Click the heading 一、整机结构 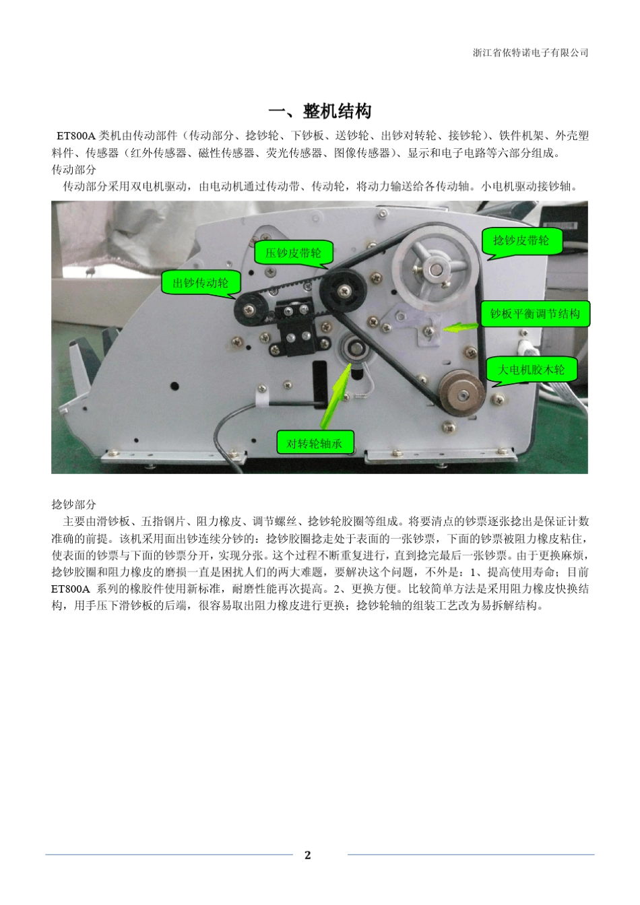(x=320, y=111)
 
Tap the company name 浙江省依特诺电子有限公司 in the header (x=530, y=53)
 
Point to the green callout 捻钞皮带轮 (x=521, y=240)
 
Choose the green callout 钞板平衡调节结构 (x=535, y=314)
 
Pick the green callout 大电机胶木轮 (x=532, y=370)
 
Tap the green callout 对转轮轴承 (x=315, y=443)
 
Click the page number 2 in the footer (x=308, y=855)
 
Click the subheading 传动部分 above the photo (x=74, y=170)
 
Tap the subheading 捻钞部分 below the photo (x=74, y=504)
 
